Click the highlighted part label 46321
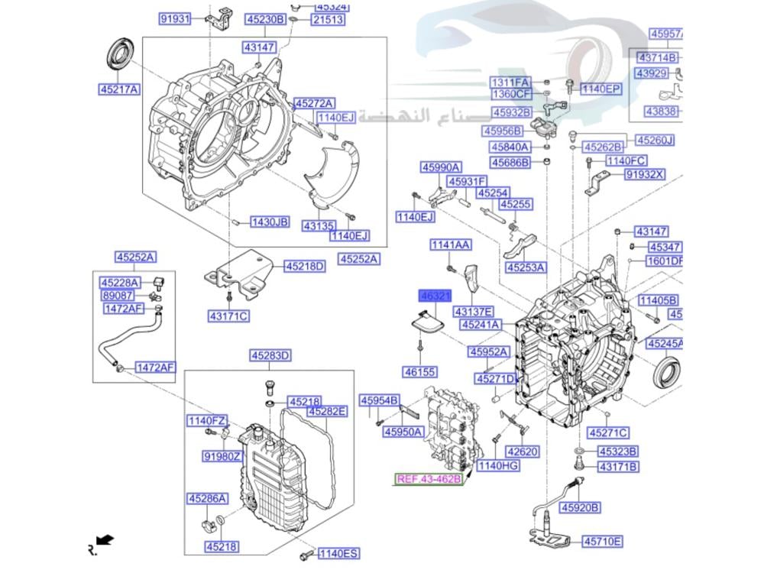coord(434,295)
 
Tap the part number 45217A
coord(118,89)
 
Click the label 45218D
coord(305,267)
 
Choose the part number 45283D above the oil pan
coord(270,355)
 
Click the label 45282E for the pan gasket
coord(327,411)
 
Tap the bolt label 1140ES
coord(338,553)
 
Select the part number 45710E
coord(602,542)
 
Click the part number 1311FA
coord(510,82)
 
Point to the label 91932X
coord(645,174)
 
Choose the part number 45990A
coord(441,167)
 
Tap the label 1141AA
coord(450,245)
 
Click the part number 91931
coord(175,18)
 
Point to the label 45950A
coord(403,432)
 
